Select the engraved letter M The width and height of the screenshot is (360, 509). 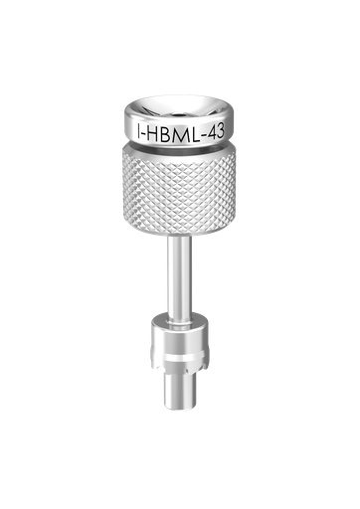pos(179,134)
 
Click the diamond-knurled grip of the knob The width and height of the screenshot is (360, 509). pos(179,189)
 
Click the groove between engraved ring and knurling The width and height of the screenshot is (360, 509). pos(179,146)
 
